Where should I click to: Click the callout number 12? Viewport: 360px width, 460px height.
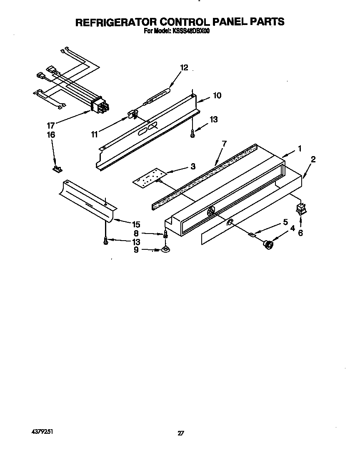point(184,68)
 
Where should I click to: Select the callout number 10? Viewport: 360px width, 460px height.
point(217,95)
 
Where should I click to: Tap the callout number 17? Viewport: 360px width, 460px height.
point(51,124)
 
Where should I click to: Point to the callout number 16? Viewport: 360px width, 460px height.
point(51,134)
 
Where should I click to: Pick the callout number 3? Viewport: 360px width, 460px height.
point(192,167)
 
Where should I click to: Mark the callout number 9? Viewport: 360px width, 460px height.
point(136,250)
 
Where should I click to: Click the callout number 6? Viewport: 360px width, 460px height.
point(300,233)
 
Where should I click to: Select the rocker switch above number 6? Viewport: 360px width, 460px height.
point(300,209)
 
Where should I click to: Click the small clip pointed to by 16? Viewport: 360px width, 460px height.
point(56,169)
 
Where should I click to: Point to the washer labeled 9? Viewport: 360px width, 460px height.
point(165,250)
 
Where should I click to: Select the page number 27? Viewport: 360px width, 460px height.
point(180,433)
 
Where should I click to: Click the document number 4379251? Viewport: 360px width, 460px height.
point(42,432)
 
